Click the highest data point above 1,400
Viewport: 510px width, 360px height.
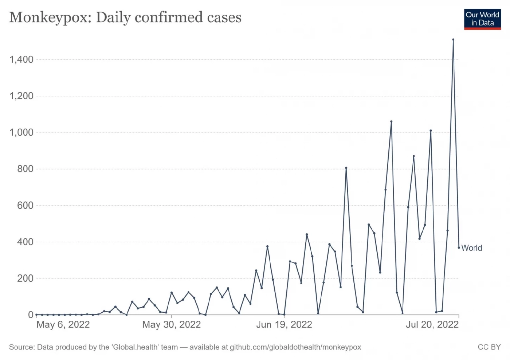click(x=453, y=39)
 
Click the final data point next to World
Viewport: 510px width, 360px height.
click(x=459, y=248)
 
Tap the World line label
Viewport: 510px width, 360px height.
click(x=472, y=248)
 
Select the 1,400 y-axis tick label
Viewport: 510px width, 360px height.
click(x=21, y=59)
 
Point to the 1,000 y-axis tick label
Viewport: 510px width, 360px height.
click(x=21, y=132)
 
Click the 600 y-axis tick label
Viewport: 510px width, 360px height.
click(x=25, y=205)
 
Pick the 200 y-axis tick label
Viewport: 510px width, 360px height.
click(x=25, y=278)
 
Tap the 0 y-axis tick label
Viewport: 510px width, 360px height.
click(x=31, y=315)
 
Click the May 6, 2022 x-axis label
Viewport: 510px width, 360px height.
click(x=63, y=324)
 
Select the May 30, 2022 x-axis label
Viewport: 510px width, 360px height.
click(x=172, y=324)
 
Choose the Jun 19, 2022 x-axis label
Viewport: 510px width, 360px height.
click(x=284, y=324)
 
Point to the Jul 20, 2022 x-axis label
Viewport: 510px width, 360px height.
click(x=432, y=324)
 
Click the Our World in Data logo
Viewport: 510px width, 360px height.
click(x=482, y=19)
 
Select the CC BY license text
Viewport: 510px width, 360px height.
click(x=489, y=347)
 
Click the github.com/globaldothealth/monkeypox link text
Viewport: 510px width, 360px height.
click(x=295, y=347)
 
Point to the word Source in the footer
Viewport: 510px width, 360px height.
click(x=21, y=347)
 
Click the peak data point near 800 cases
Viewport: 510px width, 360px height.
click(x=346, y=168)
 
